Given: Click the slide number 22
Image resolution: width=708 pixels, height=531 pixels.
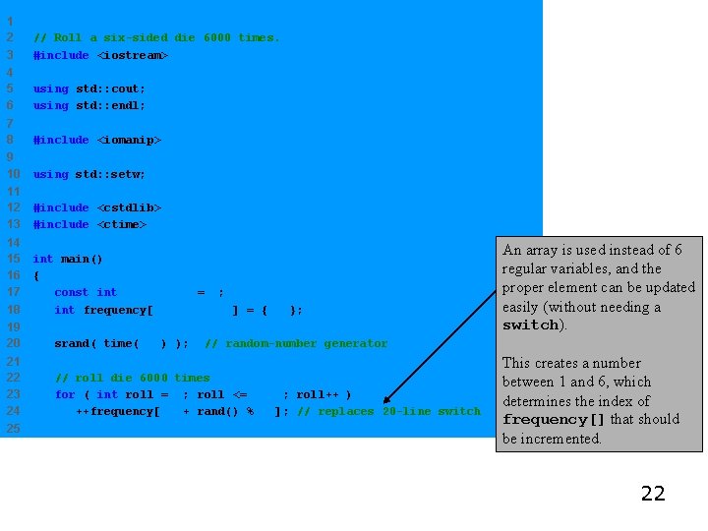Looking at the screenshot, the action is [x=653, y=493].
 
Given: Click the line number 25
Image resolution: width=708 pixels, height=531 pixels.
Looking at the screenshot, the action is [x=13, y=428].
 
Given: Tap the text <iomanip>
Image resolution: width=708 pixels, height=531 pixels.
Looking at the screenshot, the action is [x=128, y=140].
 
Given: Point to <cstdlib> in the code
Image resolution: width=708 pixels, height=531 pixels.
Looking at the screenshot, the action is [x=128, y=207].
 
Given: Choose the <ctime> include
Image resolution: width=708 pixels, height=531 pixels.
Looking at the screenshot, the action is [x=121, y=224].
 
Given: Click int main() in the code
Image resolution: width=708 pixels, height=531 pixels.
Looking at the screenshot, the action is [x=68, y=259].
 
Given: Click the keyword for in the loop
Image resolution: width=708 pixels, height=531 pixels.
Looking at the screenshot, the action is [x=64, y=394].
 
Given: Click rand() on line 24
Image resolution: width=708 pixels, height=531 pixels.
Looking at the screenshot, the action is [x=217, y=411].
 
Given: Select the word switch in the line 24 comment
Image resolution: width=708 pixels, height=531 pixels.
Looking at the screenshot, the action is [x=459, y=411].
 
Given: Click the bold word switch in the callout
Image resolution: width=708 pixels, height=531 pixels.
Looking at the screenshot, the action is [x=530, y=325].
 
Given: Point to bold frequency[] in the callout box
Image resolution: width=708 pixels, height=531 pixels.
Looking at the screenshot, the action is [x=554, y=420].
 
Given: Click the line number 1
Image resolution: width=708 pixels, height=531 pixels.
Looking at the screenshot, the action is [x=9, y=21].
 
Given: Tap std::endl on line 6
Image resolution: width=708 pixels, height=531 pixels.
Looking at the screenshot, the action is [x=110, y=105].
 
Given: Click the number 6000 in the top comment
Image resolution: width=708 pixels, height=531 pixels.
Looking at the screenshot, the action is [x=217, y=37].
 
